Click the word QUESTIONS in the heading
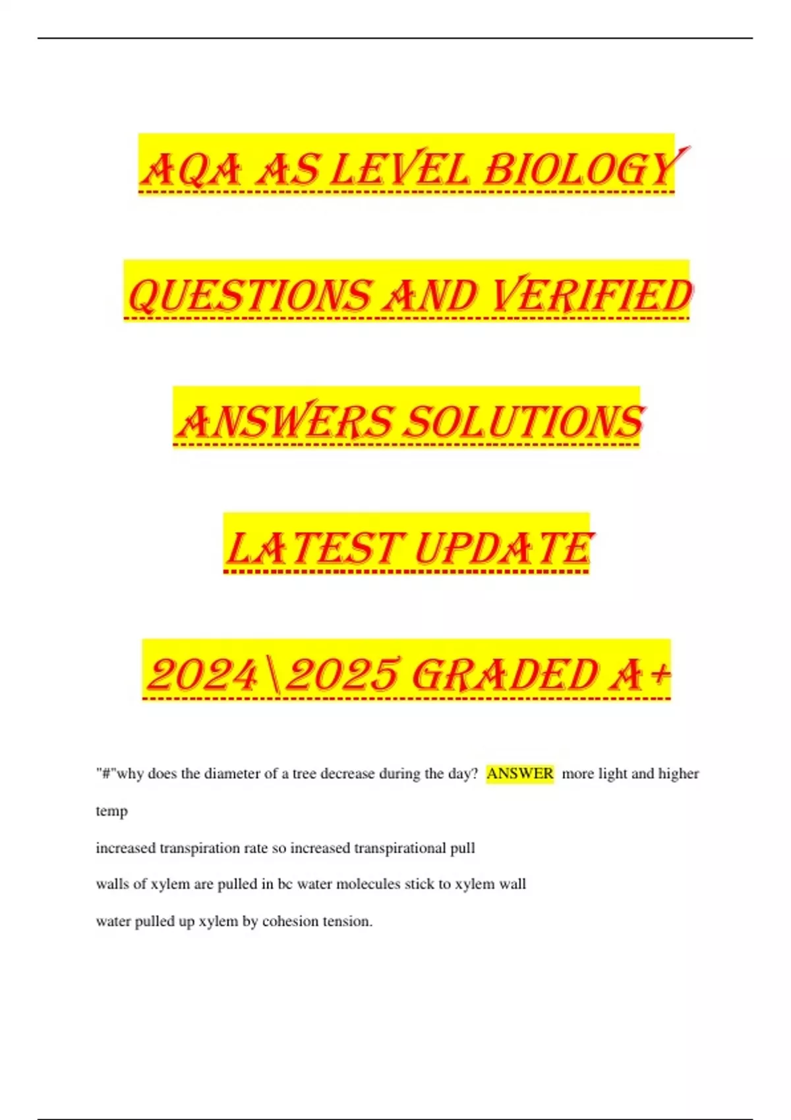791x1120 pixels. pyautogui.click(x=249, y=295)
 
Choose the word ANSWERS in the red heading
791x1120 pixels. pyautogui.click(x=285, y=422)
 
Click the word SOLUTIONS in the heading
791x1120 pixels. pyautogui.click(x=523, y=422)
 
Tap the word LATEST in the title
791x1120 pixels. pyautogui.click(x=313, y=548)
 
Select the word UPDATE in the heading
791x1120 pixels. pyautogui.click(x=503, y=548)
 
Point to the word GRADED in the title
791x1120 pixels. pyautogui.click(x=504, y=675)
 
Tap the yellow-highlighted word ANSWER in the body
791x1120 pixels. pyautogui.click(x=519, y=773)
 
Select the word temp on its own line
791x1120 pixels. pyautogui.click(x=111, y=811)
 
